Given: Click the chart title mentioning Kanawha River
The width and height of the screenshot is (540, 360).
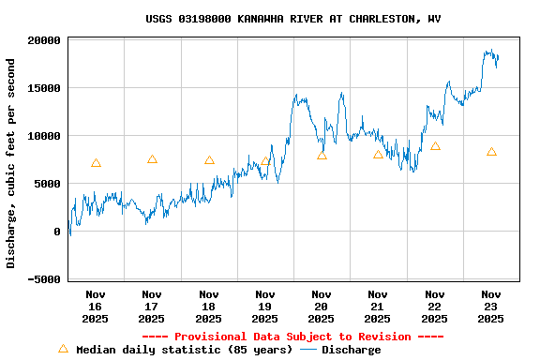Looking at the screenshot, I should (x=293, y=19).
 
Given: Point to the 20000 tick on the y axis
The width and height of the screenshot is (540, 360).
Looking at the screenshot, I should (x=44, y=40).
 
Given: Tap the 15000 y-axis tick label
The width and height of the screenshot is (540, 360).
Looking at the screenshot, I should (x=44, y=88).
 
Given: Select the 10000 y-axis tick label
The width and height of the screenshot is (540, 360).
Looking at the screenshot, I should (x=44, y=136).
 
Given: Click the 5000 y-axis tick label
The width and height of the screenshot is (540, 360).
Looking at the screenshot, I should (x=48, y=184).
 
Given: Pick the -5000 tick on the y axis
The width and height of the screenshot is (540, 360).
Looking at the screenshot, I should (x=44, y=279).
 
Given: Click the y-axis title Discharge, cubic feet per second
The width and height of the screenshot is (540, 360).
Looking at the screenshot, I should (x=11, y=163).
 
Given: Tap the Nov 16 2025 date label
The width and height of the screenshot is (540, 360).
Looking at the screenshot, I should (x=95, y=307).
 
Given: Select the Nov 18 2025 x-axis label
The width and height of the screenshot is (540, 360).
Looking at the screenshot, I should (x=208, y=307).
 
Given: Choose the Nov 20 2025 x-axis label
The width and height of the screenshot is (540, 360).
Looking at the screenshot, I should (x=322, y=307).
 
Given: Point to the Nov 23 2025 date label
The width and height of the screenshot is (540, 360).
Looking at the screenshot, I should (x=491, y=307).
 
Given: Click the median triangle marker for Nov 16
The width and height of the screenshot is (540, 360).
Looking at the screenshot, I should (x=96, y=163).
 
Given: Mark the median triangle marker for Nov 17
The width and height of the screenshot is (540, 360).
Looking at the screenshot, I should (x=152, y=159).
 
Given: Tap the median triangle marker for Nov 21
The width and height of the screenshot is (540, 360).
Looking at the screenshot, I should (x=378, y=155).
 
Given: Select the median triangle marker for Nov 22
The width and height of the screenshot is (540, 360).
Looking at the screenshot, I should (x=435, y=146).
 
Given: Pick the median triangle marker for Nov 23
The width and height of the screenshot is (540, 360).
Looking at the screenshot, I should (x=491, y=152).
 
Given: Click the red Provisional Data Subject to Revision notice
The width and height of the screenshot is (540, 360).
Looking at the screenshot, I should (x=292, y=337).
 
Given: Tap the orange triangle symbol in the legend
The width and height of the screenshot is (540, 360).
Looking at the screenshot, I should (x=63, y=349).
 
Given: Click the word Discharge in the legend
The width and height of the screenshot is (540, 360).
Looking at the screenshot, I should (x=352, y=350).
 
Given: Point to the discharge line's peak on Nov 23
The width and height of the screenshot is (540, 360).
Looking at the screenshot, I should (x=488, y=51).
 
